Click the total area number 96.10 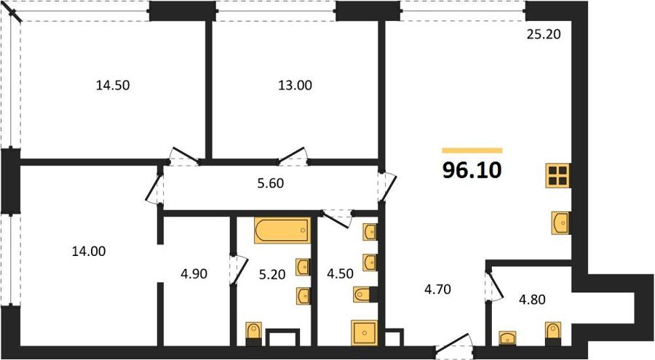tap(472, 170)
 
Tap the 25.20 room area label tap(544, 34)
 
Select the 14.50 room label tap(113, 85)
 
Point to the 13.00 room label tap(295, 85)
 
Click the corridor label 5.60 tap(270, 183)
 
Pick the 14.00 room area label tap(89, 252)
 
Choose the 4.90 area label tap(194, 274)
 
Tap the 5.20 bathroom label tap(272, 274)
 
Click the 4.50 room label tap(340, 274)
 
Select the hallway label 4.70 tap(437, 289)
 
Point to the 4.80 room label tap(532, 300)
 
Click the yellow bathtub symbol tap(282, 231)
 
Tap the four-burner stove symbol tap(558, 175)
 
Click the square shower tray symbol tap(365, 333)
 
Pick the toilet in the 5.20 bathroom tap(253, 334)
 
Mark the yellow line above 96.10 tap(472, 151)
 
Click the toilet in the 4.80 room tap(553, 334)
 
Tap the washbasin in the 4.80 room tap(507, 337)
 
